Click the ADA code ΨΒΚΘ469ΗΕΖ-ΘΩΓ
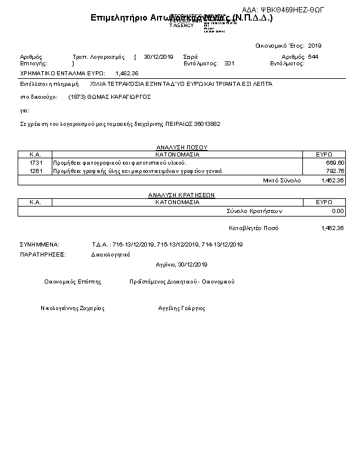(299, 10)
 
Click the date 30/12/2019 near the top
(158, 57)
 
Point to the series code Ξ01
(229, 63)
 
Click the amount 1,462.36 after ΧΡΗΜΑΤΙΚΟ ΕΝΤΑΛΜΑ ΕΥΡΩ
(127, 73)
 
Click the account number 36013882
(208, 124)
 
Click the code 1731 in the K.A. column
(35, 162)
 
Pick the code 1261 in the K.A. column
(35, 171)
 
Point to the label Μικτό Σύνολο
(281, 181)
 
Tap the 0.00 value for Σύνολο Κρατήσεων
(338, 211)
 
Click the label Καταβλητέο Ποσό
(254, 228)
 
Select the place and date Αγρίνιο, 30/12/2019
(182, 264)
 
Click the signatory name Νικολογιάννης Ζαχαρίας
(72, 308)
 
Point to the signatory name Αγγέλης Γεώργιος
(182, 308)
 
